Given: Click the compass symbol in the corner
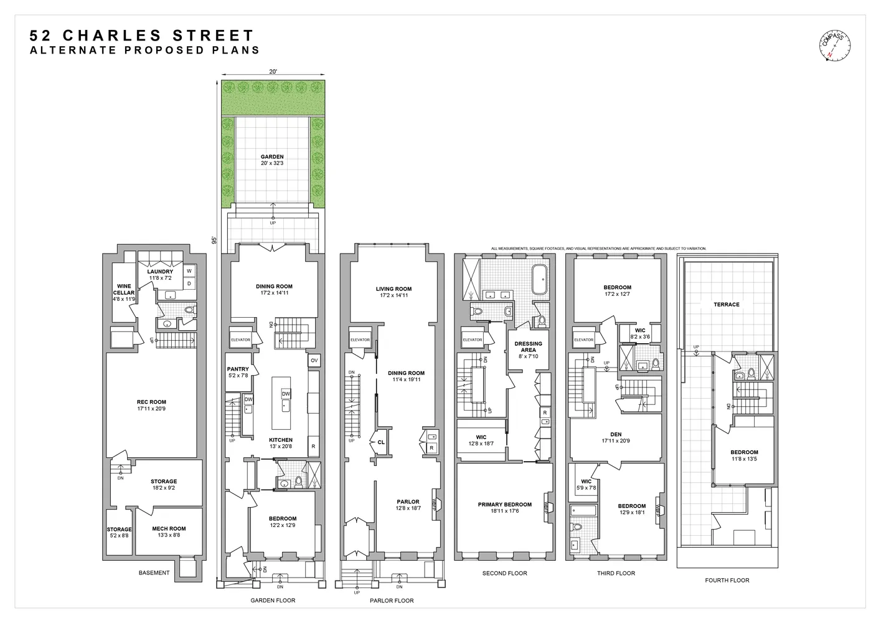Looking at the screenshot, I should (834, 47).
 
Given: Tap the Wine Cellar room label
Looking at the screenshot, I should (124, 290).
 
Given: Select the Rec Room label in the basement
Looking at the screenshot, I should (151, 402).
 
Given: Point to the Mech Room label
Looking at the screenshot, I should (169, 528).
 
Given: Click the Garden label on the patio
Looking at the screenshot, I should (272, 157).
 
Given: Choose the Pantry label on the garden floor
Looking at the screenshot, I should (238, 369).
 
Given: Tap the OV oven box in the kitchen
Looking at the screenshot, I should (314, 361).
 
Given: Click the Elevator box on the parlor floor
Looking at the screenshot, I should (360, 340).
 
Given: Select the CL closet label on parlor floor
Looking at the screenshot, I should (381, 442).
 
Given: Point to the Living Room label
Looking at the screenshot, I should (393, 289).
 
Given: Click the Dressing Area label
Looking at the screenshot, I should (528, 343).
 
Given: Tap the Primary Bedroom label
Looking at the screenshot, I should (505, 505).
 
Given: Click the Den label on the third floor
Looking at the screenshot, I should (616, 434).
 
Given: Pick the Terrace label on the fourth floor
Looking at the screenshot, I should (727, 305).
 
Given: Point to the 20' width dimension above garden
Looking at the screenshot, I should (273, 72).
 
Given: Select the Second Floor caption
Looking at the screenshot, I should (504, 573).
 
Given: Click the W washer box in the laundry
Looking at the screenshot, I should (189, 271).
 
